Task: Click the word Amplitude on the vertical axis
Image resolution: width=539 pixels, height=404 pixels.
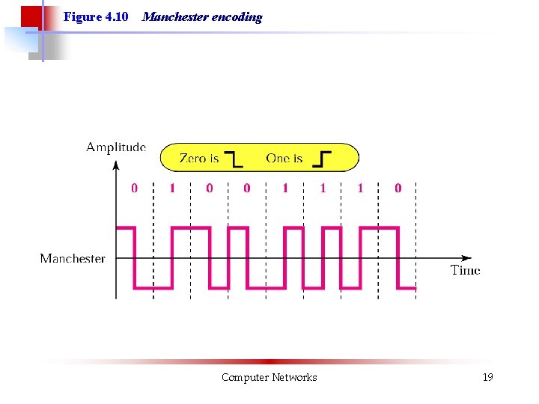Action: (x=116, y=147)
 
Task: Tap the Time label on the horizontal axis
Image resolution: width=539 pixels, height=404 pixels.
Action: (x=465, y=270)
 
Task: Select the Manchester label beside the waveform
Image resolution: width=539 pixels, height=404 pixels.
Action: (x=73, y=259)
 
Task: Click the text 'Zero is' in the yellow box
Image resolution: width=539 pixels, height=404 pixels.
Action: (x=199, y=159)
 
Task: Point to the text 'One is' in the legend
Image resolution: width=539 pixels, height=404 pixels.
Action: (x=284, y=159)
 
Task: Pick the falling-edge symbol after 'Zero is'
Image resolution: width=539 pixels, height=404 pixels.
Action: (x=234, y=159)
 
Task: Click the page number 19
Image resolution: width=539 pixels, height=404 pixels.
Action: (x=488, y=378)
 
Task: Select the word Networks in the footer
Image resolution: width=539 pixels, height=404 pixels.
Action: (x=294, y=378)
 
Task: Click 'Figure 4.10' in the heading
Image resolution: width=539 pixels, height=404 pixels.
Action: (x=96, y=16)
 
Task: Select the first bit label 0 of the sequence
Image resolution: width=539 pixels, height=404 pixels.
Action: (x=135, y=189)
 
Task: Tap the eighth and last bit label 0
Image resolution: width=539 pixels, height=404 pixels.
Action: (x=398, y=189)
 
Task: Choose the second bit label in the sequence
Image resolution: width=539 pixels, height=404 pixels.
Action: (x=172, y=189)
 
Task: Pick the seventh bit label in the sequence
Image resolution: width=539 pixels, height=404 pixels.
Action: (x=360, y=189)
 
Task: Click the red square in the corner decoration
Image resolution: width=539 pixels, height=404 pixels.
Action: (x=30, y=16)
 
